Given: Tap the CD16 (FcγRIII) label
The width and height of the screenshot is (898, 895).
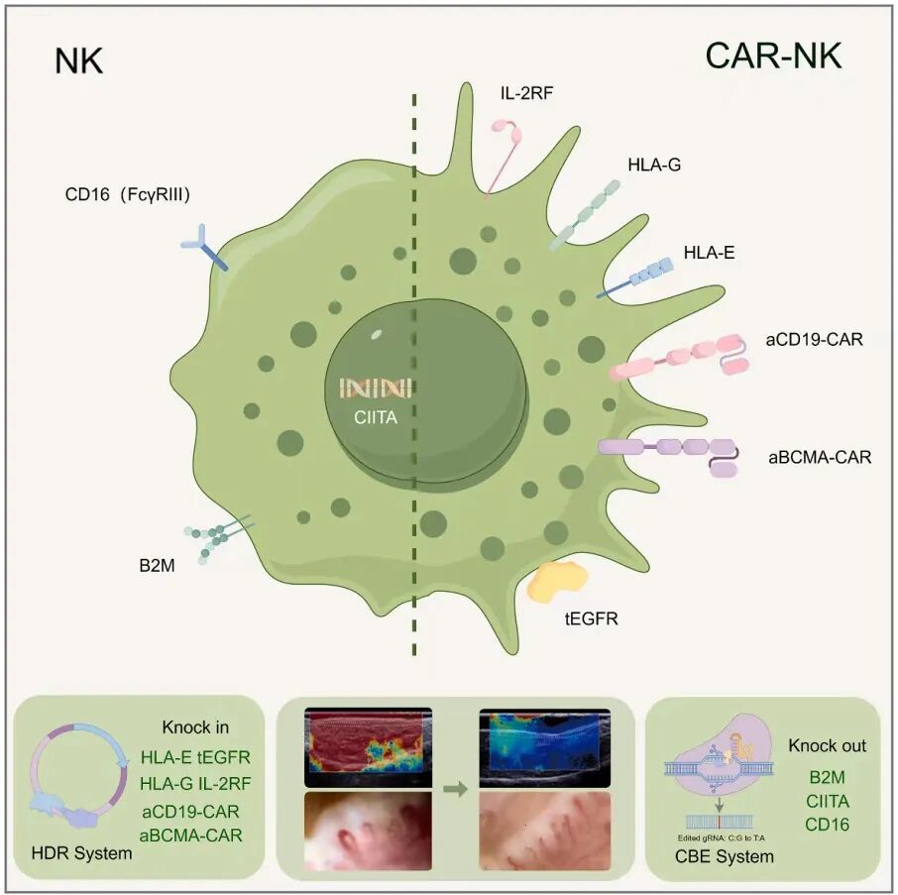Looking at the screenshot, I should [126, 194].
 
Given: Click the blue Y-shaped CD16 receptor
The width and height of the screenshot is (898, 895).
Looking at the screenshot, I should [203, 247].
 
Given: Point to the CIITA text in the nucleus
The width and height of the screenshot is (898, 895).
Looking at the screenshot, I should [376, 417].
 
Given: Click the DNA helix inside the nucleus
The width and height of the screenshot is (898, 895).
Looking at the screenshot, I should [377, 388].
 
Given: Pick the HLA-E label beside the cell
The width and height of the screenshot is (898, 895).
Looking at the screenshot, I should [709, 253].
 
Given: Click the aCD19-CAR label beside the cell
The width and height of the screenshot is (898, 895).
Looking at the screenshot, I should [814, 340].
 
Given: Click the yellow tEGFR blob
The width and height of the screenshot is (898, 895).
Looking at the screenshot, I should [560, 582].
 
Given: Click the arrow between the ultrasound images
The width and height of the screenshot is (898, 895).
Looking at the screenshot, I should [455, 790].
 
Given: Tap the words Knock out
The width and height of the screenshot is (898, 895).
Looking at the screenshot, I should [826, 744].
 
